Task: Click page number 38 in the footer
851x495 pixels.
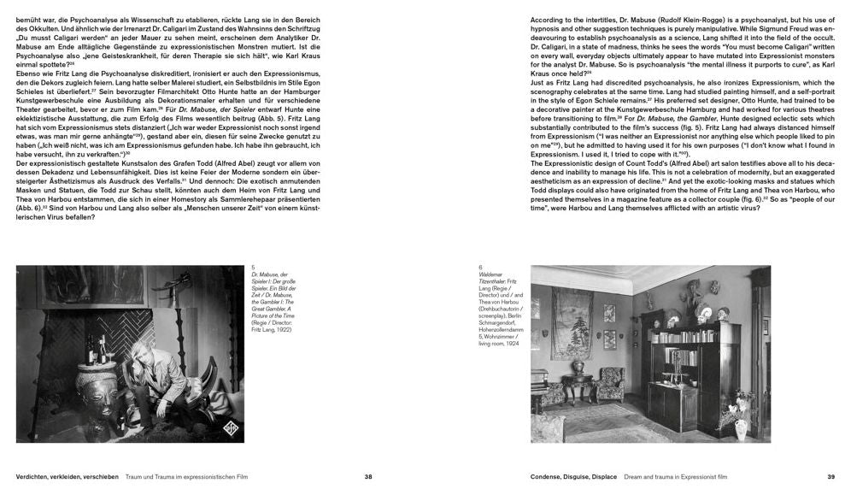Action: pos(368,476)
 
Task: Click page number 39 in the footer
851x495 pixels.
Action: pos(830,476)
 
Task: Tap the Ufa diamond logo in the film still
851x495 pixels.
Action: pos(208,425)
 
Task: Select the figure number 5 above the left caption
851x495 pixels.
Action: pos(254,268)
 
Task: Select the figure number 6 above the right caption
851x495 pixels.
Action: pos(481,268)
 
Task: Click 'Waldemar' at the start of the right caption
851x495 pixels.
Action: pos(491,275)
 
